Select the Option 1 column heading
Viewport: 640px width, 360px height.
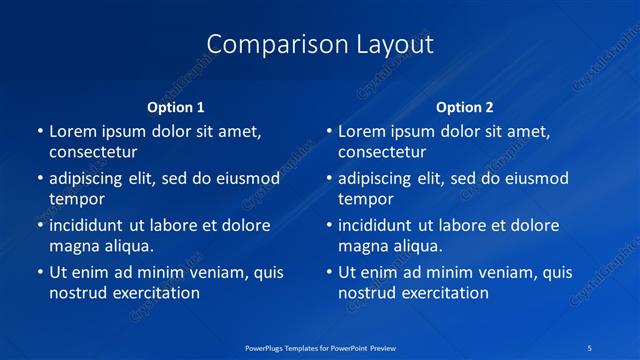pyautogui.click(x=175, y=107)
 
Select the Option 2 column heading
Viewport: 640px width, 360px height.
pyautogui.click(x=465, y=107)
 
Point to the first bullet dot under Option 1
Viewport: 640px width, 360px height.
pyautogui.click(x=39, y=132)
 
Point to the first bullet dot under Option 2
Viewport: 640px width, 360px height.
pyautogui.click(x=328, y=132)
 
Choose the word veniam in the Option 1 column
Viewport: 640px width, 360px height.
pyautogui.click(x=208, y=272)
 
